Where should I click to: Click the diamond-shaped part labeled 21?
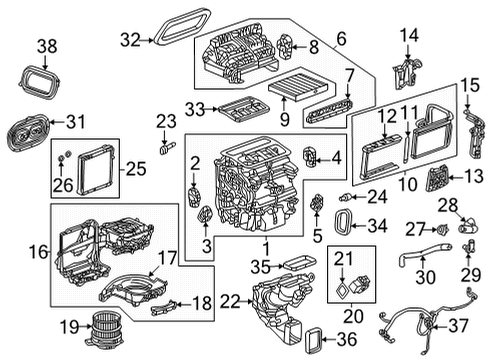[x=345, y=283]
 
